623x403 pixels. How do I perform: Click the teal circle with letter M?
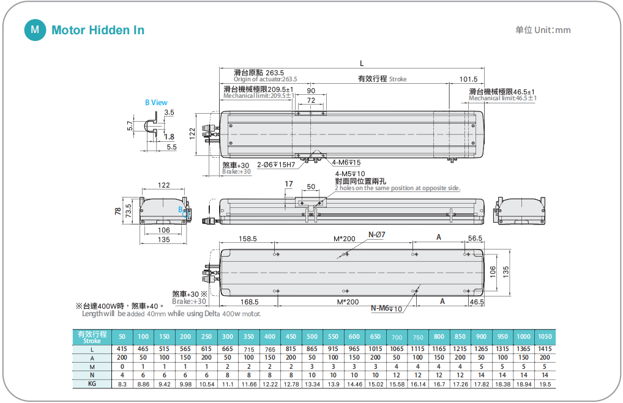(x=35, y=30)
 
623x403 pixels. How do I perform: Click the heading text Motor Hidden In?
(x=98, y=30)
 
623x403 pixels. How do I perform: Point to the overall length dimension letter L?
(x=362, y=64)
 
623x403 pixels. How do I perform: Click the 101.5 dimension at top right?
(x=468, y=79)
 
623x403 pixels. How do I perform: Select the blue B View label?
(x=156, y=103)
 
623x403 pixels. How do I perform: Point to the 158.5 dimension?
(x=247, y=238)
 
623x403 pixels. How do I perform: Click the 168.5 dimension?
(x=250, y=301)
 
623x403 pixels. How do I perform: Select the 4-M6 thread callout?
(x=346, y=163)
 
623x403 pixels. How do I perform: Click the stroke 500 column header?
(x=312, y=337)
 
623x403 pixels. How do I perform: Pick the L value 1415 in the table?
(x=544, y=349)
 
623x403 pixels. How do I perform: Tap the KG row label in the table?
(x=92, y=383)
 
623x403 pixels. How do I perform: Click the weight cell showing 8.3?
(x=122, y=383)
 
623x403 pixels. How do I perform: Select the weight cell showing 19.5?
(x=544, y=383)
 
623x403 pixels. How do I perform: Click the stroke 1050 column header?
(x=544, y=337)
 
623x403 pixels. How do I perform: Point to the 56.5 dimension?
(x=475, y=238)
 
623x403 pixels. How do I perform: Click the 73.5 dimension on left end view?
(x=129, y=212)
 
